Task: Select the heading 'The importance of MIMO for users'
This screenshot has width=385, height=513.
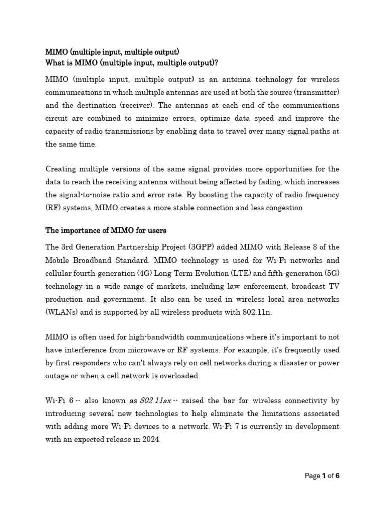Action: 106,231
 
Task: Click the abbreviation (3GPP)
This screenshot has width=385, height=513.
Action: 203,247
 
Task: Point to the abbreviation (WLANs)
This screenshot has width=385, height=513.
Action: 61,312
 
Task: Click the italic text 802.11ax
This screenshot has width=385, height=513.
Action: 156,401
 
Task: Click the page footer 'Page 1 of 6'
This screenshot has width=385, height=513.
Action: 322,476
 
